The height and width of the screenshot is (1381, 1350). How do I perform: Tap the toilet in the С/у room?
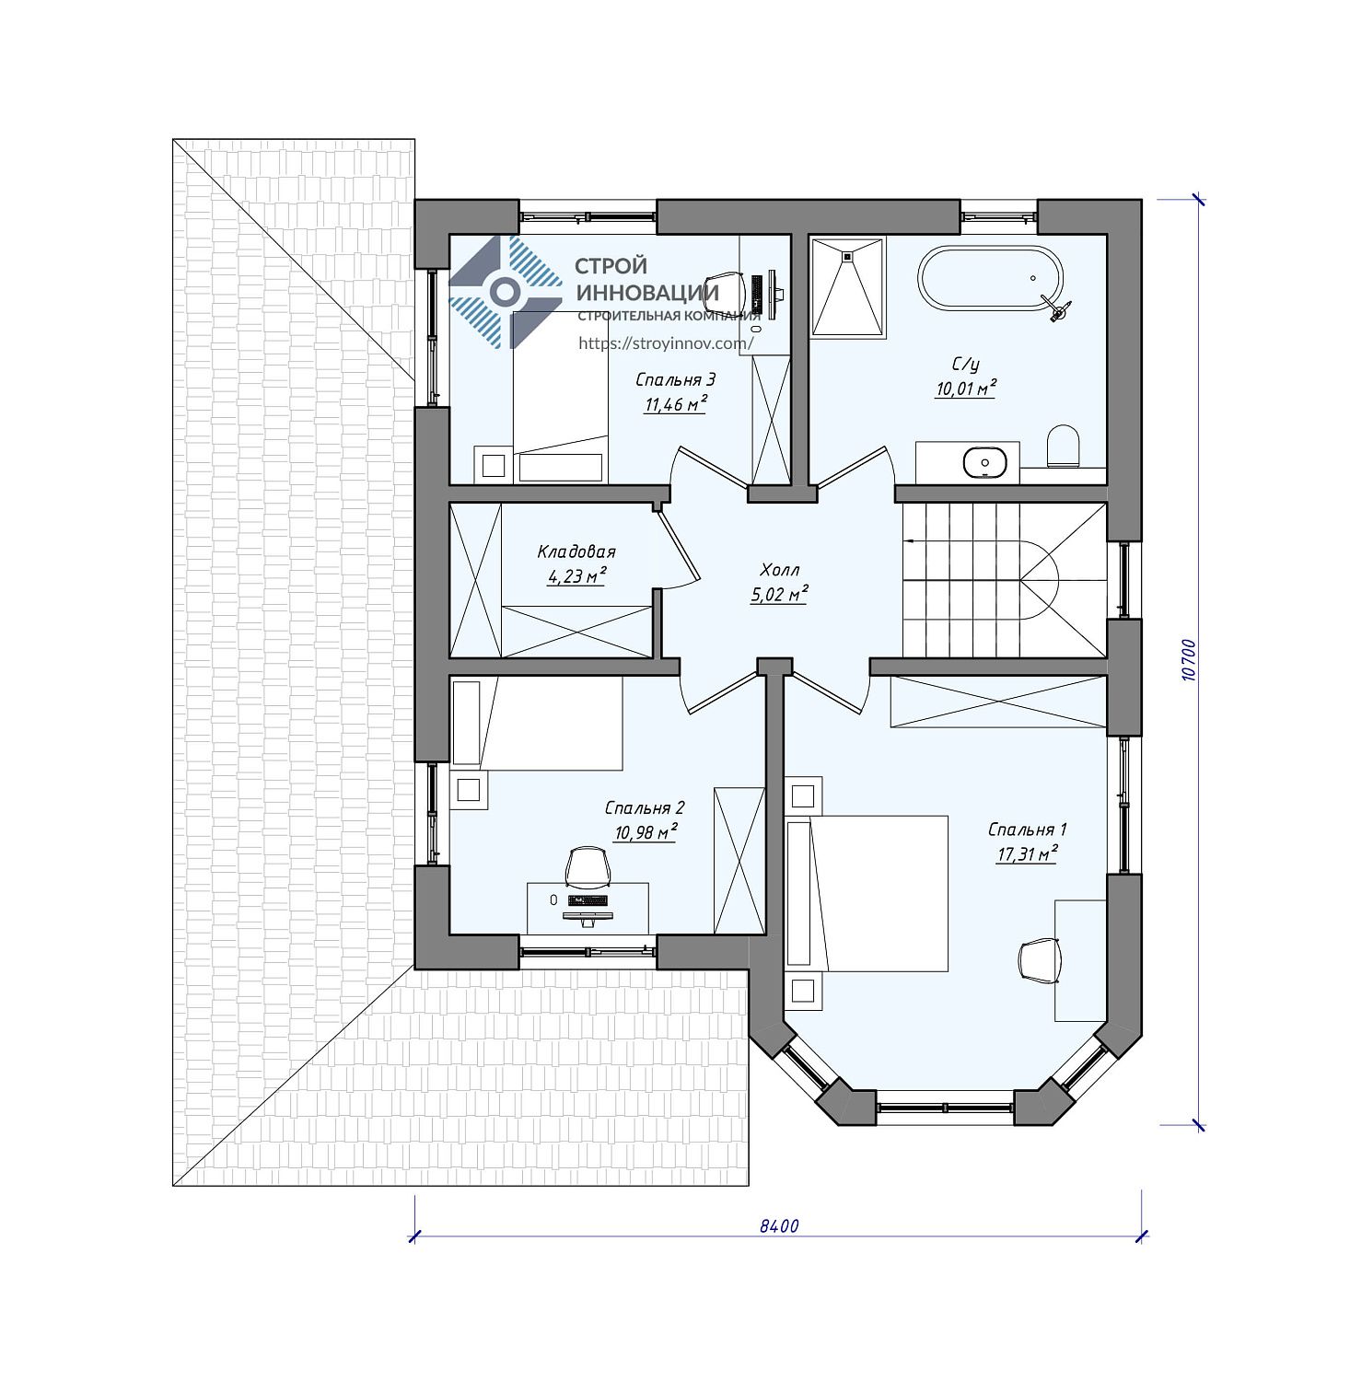1064,447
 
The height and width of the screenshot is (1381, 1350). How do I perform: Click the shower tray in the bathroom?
847,287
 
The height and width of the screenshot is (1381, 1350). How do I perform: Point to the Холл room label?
780,569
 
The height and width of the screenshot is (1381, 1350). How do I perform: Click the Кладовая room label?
576,552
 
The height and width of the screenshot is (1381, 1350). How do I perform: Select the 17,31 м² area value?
1026,854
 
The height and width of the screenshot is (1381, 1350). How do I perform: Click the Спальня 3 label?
676,379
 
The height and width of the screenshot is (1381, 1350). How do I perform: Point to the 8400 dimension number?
779,1225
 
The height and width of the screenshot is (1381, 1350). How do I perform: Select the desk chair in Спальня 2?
588,867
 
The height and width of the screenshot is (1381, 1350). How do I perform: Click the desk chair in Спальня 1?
1041,961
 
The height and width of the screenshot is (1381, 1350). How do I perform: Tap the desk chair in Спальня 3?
725,290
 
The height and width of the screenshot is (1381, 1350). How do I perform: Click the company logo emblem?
505,292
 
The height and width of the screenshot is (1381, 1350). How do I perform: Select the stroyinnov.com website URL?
667,343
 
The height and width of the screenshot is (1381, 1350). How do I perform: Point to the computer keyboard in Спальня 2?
588,899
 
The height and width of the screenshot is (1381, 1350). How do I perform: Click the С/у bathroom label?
966,366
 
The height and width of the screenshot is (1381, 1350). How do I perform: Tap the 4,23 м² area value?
576,576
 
